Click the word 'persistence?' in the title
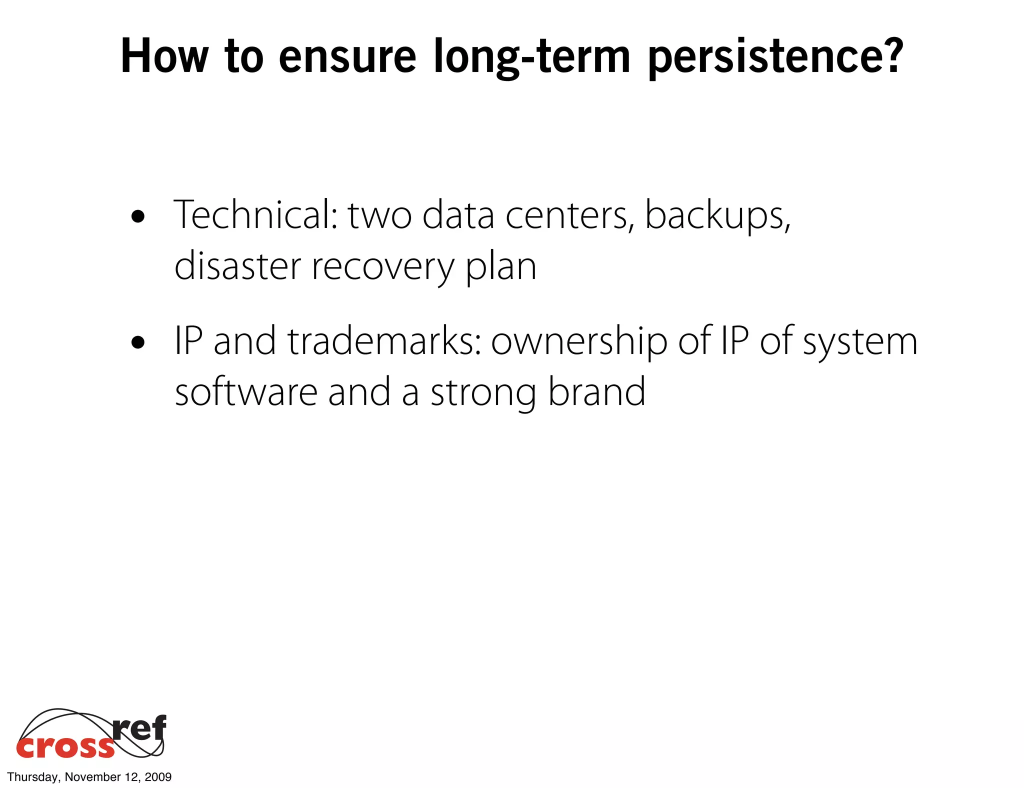point(775,57)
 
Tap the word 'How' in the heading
point(164,56)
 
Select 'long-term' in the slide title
point(531,57)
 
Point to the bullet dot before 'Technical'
point(137,217)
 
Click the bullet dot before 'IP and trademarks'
point(137,343)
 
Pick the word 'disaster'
point(237,266)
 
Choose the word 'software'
point(246,392)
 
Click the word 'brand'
point(596,392)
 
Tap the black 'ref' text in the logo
point(139,728)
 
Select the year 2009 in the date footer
point(158,777)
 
